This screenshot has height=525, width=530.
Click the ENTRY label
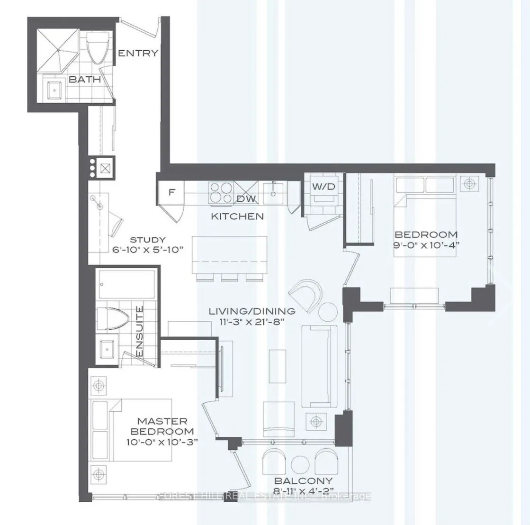tap(138, 53)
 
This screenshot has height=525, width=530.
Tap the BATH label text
tap(85, 80)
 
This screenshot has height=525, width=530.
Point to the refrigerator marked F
tap(172, 192)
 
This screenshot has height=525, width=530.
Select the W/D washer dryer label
tap(323, 187)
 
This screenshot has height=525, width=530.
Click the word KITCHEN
tap(237, 217)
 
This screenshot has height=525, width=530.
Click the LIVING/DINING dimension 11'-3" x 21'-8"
tap(253, 321)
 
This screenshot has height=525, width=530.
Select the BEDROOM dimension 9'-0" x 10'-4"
tap(426, 244)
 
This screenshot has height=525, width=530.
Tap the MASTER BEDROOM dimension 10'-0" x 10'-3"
tap(162, 441)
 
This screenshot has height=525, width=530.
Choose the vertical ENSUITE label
tap(140, 331)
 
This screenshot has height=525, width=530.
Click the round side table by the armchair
tap(327, 311)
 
